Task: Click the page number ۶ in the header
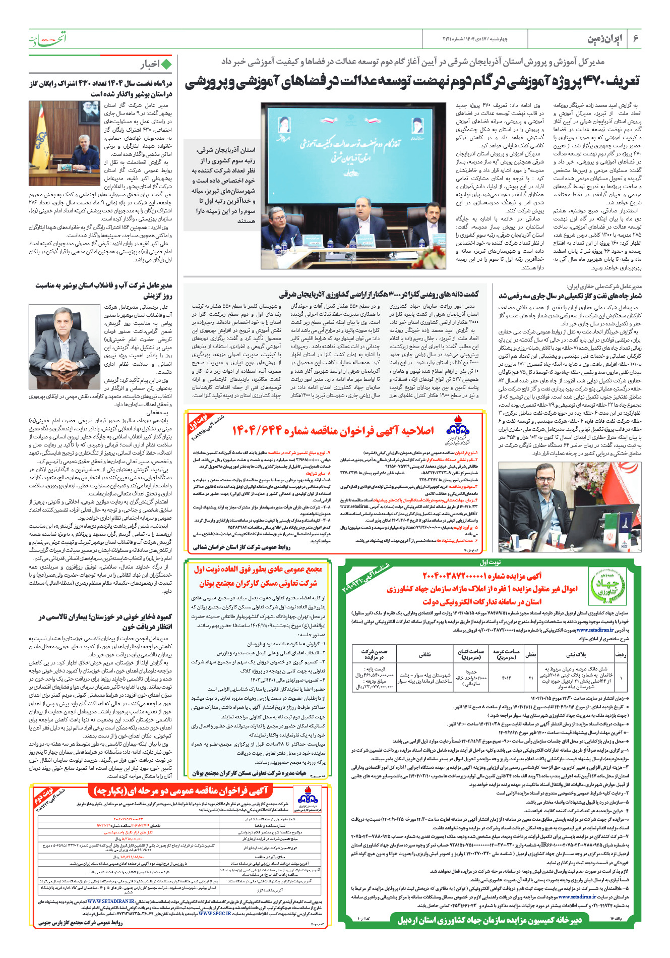636,39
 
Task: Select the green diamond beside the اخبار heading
166,64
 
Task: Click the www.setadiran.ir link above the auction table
595,630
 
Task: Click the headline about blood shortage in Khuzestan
105,622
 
